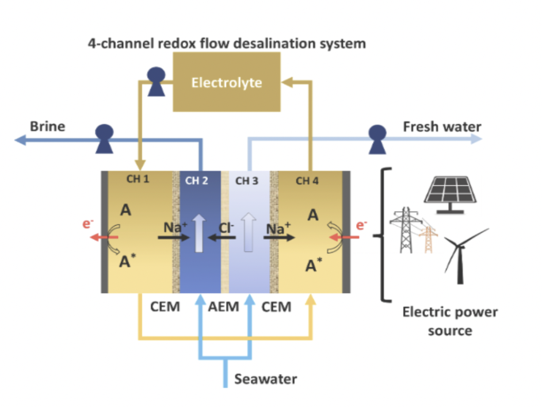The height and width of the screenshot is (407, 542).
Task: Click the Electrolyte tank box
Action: (x=227, y=82)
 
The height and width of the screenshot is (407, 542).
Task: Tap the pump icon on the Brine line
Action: (x=105, y=139)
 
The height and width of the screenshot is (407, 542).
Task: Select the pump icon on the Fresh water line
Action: (x=377, y=139)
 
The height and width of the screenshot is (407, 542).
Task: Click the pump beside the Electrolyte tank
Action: (x=156, y=82)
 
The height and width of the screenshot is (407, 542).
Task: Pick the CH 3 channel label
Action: (x=247, y=181)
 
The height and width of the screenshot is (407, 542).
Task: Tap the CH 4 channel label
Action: (x=307, y=181)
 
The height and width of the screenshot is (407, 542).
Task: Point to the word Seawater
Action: (x=265, y=379)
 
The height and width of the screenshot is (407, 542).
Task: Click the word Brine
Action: (x=47, y=126)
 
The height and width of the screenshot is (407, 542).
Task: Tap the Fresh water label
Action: (x=442, y=126)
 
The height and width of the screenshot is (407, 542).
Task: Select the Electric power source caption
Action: (x=449, y=321)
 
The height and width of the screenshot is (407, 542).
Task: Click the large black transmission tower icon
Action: (x=404, y=230)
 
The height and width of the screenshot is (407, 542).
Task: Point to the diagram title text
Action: (x=226, y=43)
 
